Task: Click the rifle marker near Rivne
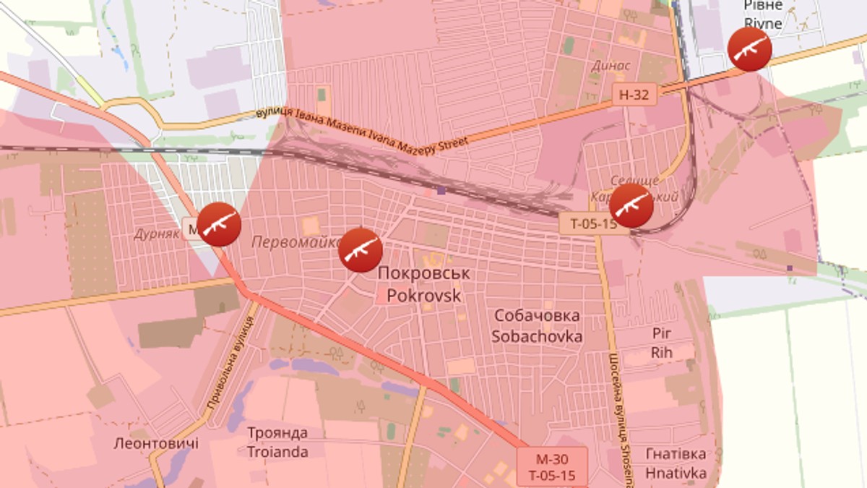749,49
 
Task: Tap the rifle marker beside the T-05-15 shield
631,205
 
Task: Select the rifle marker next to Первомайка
361,250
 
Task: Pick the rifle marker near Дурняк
219,224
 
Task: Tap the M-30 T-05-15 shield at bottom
551,467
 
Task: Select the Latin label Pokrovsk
423,295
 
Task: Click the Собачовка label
537,316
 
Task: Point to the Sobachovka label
537,336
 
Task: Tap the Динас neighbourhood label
611,66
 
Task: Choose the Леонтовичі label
155,442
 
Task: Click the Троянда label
277,433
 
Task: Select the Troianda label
277,452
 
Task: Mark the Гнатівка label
676,454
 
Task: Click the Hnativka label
676,474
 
